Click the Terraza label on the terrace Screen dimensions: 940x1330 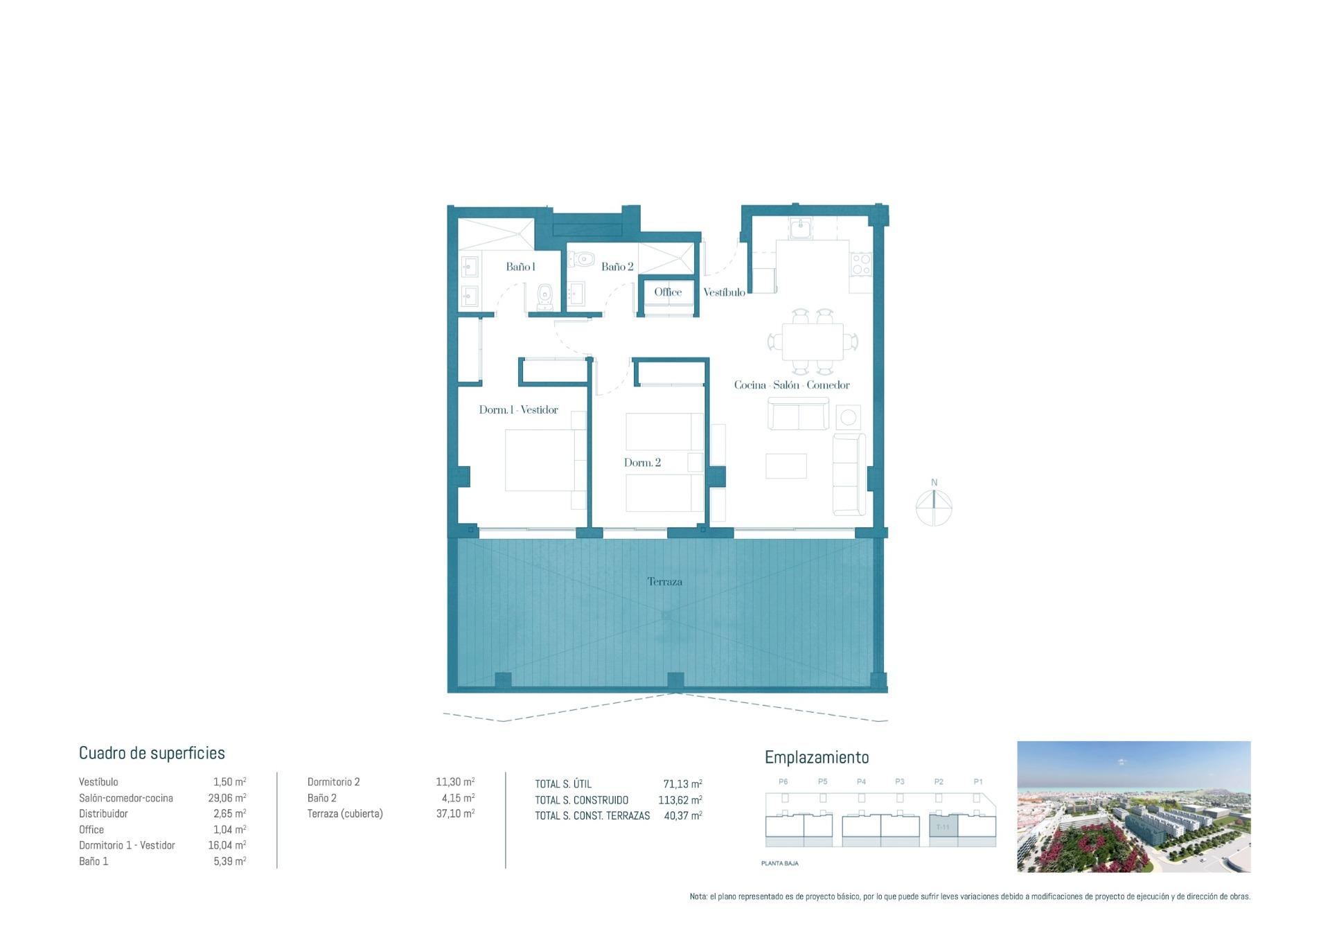(664, 582)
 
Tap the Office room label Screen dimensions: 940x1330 (668, 292)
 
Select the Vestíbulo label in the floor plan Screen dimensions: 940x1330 (724, 292)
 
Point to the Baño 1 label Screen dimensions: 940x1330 (520, 267)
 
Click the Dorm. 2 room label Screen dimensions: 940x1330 (642, 463)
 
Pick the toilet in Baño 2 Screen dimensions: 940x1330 (582, 259)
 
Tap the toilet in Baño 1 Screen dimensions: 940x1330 (545, 297)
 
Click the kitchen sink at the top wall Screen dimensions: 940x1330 (801, 227)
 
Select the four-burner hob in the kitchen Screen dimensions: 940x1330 (861, 264)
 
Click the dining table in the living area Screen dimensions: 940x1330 (813, 342)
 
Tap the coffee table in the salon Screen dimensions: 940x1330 (786, 465)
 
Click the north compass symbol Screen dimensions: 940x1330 (934, 506)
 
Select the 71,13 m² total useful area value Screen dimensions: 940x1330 (682, 784)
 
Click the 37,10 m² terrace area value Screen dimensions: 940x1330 (455, 814)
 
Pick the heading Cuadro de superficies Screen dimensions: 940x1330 (152, 753)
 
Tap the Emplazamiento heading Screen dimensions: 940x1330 (816, 757)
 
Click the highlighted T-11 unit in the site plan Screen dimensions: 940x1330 (943, 827)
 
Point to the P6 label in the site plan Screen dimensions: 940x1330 (783, 781)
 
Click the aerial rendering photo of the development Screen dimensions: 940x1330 (1133, 806)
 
